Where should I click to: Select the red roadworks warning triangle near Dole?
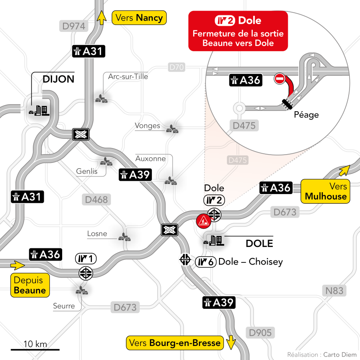(x=203, y=221)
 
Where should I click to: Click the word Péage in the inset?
(x=306, y=115)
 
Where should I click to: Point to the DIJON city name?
(x=58, y=79)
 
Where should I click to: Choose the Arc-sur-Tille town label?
(x=128, y=77)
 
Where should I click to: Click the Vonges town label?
(x=147, y=126)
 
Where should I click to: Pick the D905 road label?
(x=260, y=333)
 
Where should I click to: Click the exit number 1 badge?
(x=85, y=258)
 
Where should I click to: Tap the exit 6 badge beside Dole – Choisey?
(x=205, y=262)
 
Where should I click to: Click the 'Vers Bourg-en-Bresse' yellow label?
(x=175, y=343)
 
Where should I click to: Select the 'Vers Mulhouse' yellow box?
(x=326, y=191)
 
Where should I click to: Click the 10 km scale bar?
(x=35, y=349)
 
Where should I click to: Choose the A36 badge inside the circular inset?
(x=245, y=80)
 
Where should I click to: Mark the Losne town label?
(x=97, y=234)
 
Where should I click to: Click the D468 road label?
(x=96, y=200)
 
